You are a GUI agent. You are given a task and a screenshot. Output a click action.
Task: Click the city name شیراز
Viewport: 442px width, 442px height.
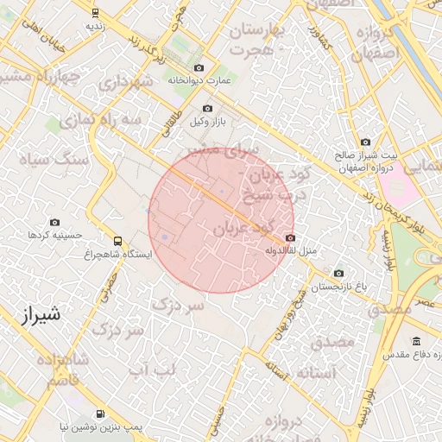(39, 315)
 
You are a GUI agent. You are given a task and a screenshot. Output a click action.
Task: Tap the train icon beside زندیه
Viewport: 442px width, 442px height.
(94, 13)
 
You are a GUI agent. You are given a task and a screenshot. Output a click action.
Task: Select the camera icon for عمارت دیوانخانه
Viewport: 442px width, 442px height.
(199, 67)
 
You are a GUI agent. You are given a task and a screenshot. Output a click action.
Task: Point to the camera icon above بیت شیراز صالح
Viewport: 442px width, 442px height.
(365, 142)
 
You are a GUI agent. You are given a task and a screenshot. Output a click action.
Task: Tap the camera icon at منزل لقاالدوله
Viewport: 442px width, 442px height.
(289, 238)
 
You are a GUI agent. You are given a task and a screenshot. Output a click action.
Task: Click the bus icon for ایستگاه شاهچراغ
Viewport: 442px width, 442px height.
(117, 241)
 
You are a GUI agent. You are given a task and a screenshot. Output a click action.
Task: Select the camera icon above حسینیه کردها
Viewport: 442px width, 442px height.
(56, 222)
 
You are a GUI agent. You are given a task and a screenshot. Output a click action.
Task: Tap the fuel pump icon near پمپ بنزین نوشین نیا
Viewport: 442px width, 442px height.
(101, 414)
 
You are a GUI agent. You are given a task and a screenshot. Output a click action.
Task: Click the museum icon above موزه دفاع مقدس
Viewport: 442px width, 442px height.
(417, 341)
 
